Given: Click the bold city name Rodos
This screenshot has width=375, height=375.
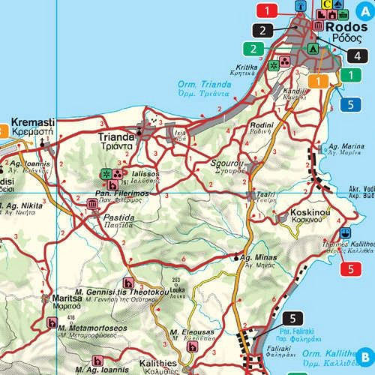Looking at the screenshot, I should (x=345, y=25).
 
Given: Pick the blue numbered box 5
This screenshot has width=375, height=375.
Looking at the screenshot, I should (x=350, y=104).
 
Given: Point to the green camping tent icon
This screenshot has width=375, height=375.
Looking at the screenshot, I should (x=313, y=48).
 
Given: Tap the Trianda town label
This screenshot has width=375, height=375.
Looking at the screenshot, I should (x=116, y=137).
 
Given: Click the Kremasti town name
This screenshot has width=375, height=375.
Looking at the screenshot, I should (x=31, y=121).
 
